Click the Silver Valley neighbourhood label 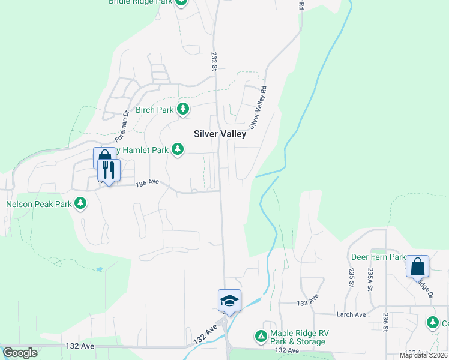point(220,134)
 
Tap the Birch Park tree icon point(183,109)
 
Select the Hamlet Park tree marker point(177,149)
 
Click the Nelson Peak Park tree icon point(80,204)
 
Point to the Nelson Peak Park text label point(39,204)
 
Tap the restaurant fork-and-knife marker point(109,170)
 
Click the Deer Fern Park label point(378,257)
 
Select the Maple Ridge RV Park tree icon point(261,336)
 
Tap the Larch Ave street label point(352,314)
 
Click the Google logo point(20,353)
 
